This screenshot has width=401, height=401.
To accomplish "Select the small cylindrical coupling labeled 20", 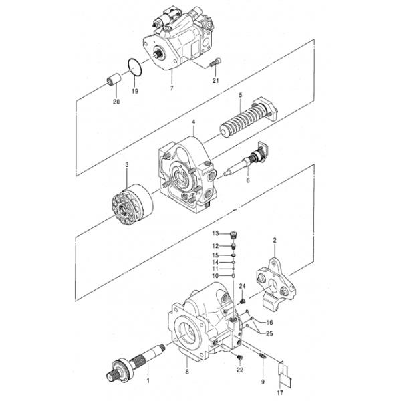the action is [114, 79].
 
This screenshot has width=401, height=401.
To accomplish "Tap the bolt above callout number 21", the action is [215, 62].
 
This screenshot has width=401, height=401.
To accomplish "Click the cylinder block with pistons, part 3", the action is [132, 205].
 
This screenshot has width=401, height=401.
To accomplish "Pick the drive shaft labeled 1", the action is [136, 362].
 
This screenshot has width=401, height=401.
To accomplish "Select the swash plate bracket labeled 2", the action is [276, 285].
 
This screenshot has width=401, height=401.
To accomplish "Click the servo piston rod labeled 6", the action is [245, 162].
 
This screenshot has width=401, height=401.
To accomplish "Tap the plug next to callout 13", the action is [233, 235].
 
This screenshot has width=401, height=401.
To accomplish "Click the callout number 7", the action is [172, 88].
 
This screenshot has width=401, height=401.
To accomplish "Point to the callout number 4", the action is [194, 122].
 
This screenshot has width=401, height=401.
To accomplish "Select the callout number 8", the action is [187, 372].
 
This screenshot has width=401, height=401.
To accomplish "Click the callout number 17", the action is [280, 392].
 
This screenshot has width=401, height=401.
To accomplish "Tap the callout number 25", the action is [269, 333].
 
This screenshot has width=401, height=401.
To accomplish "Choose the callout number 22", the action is [240, 370].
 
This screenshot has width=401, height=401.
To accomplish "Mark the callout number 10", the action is [215, 276].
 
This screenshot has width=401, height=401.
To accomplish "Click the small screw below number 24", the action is [243, 301].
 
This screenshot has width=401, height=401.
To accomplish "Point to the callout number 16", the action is [269, 323].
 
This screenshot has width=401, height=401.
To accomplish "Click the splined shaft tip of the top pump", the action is [156, 54].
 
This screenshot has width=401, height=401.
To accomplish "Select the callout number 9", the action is [263, 382].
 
